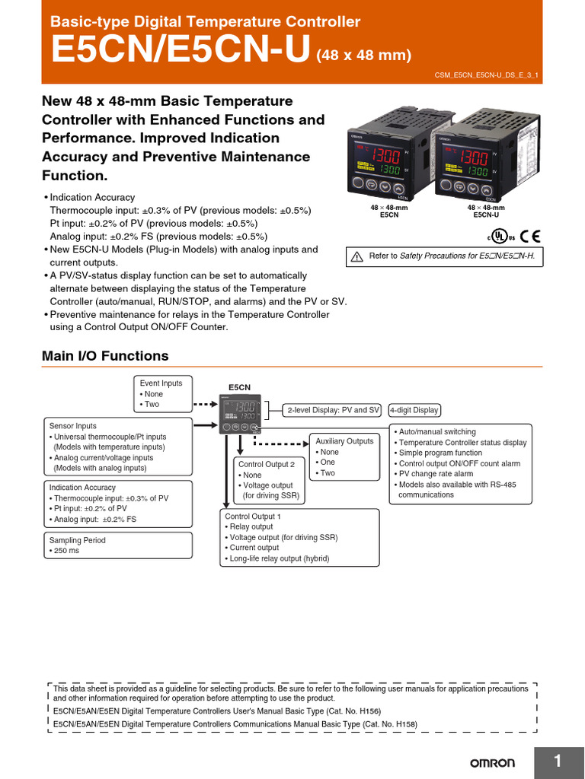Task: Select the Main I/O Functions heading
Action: [105, 356]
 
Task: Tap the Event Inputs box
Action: [161, 394]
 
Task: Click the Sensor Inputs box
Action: [117, 447]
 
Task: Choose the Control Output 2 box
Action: [268, 480]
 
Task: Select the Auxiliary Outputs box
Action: [345, 457]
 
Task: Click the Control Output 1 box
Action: [299, 538]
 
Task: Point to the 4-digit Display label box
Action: [414, 410]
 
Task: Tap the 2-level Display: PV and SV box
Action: [333, 410]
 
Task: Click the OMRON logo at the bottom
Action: [491, 763]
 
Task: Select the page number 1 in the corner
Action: [558, 762]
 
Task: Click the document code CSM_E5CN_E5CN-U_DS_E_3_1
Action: [491, 76]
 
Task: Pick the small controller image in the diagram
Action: [240, 413]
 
